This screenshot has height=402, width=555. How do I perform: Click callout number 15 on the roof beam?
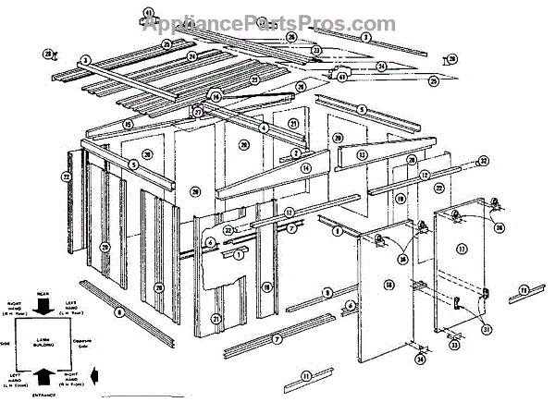click(x=129, y=124)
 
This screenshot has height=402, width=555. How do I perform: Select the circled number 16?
click(x=216, y=96)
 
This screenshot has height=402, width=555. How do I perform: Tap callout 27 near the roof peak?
click(x=198, y=112)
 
